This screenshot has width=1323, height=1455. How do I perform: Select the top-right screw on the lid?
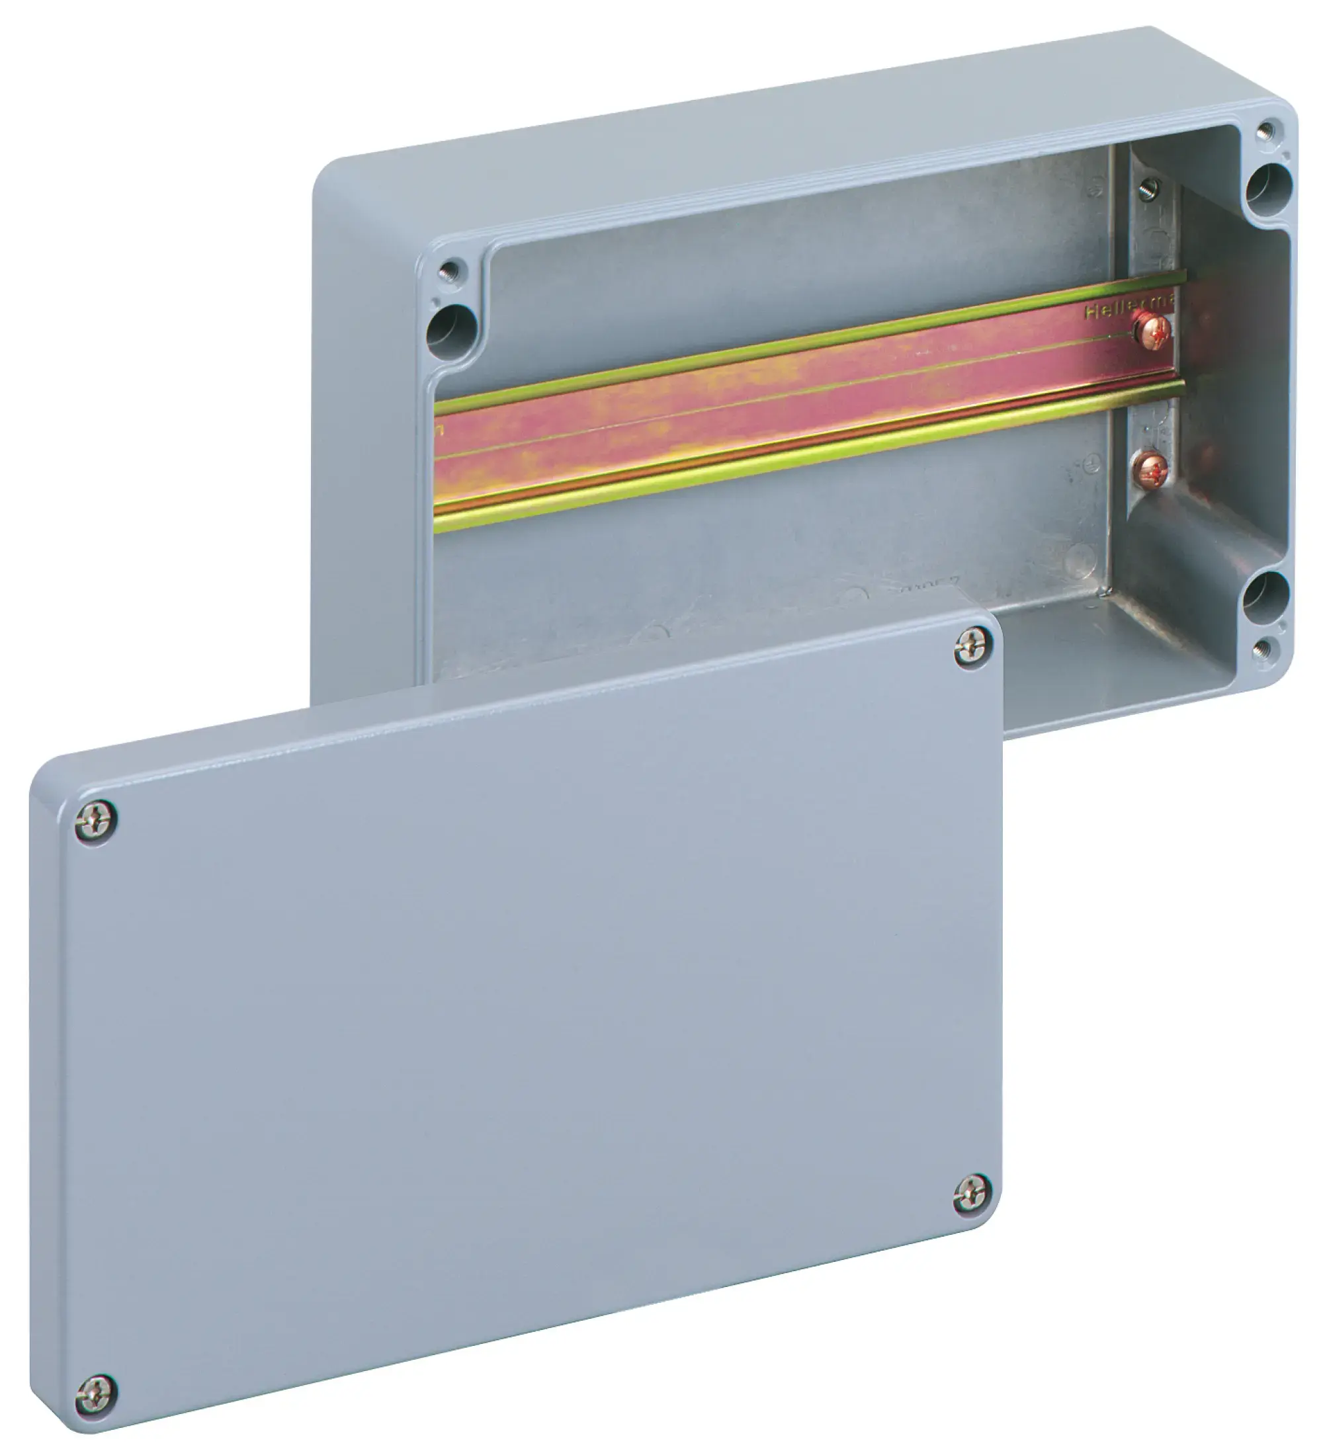pyautogui.click(x=972, y=647)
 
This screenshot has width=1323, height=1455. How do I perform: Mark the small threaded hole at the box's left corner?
pyautogui.click(x=450, y=271)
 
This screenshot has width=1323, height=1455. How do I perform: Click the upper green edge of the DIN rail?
pyautogui.click(x=794, y=338)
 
